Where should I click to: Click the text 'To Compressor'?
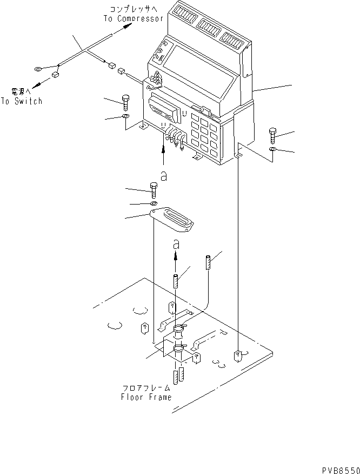[x=133, y=18]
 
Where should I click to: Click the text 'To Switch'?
[x=21, y=101]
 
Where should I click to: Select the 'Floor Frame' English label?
[x=146, y=397]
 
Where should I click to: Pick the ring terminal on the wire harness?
[x=39, y=69]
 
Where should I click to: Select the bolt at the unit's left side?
[x=126, y=101]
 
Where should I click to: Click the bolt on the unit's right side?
[x=272, y=136]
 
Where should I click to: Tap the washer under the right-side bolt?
[x=273, y=149]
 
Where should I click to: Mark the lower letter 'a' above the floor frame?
[x=175, y=245]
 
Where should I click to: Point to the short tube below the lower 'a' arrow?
[x=175, y=281]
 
